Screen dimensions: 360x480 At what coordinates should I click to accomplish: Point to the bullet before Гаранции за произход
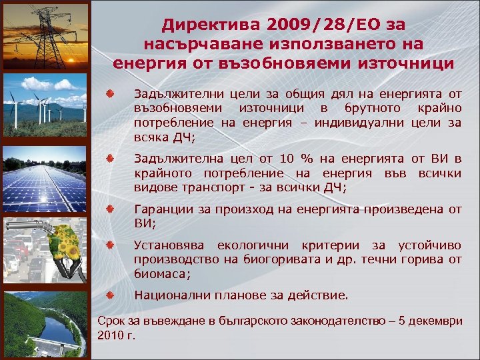point(113,209)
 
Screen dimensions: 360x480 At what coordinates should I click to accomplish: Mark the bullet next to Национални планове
point(113,294)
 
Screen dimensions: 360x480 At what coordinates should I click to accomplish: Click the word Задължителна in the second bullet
point(171,158)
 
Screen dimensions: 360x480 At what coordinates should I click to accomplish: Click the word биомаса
point(161,273)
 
